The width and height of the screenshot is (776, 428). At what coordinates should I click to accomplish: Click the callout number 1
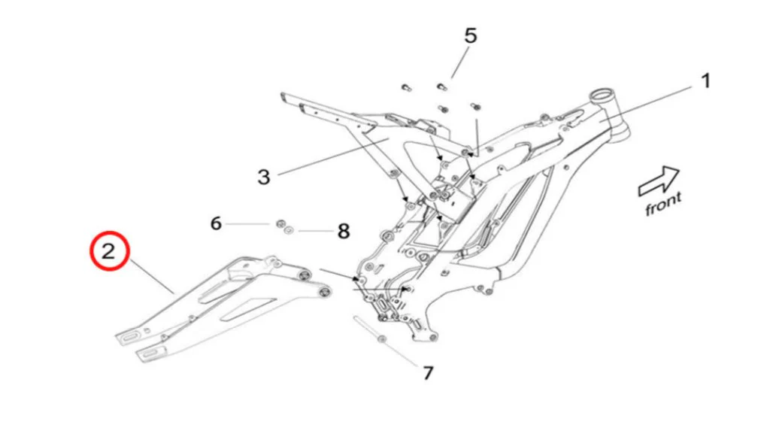point(705,81)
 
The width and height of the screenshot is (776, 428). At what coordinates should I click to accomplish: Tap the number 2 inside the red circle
point(110,251)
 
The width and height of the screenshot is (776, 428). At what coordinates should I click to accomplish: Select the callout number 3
point(263,178)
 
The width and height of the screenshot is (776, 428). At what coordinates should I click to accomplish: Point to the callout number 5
point(471,35)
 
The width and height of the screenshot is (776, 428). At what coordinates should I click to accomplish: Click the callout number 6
point(216,223)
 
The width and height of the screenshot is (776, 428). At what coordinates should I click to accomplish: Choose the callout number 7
point(428,372)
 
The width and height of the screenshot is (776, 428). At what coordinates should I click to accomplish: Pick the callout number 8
point(344,231)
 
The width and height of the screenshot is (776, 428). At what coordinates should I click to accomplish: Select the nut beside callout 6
point(279,223)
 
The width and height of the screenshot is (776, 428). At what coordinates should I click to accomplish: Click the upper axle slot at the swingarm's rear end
point(131,335)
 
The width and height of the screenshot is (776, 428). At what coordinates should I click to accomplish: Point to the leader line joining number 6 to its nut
point(248,223)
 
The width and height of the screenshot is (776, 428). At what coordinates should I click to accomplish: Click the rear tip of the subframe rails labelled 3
point(283,96)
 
